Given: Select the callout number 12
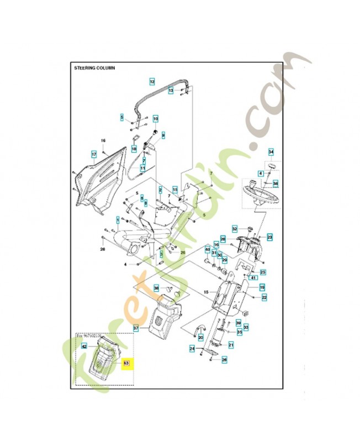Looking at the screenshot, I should coord(152,81).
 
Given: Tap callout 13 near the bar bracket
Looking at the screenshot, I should coord(171,90).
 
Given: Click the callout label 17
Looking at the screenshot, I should coord(94,154).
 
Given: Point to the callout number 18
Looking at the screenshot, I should coord(134,149).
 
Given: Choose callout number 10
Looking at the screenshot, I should coord(156,118).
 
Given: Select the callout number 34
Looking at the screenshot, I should coord(271,152).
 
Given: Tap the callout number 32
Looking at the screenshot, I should coord(235,229).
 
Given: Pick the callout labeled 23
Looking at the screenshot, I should coord(269,237).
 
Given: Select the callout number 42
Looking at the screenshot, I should coord(84,346).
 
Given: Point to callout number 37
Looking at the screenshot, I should coord(136,328).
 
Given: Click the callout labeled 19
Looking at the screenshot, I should coord(262,287).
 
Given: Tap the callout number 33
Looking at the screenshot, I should coord(246,328).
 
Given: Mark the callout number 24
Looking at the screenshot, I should coord(192,348).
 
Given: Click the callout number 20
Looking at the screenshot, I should coord(200,337).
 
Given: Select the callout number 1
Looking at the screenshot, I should coord(118,220).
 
